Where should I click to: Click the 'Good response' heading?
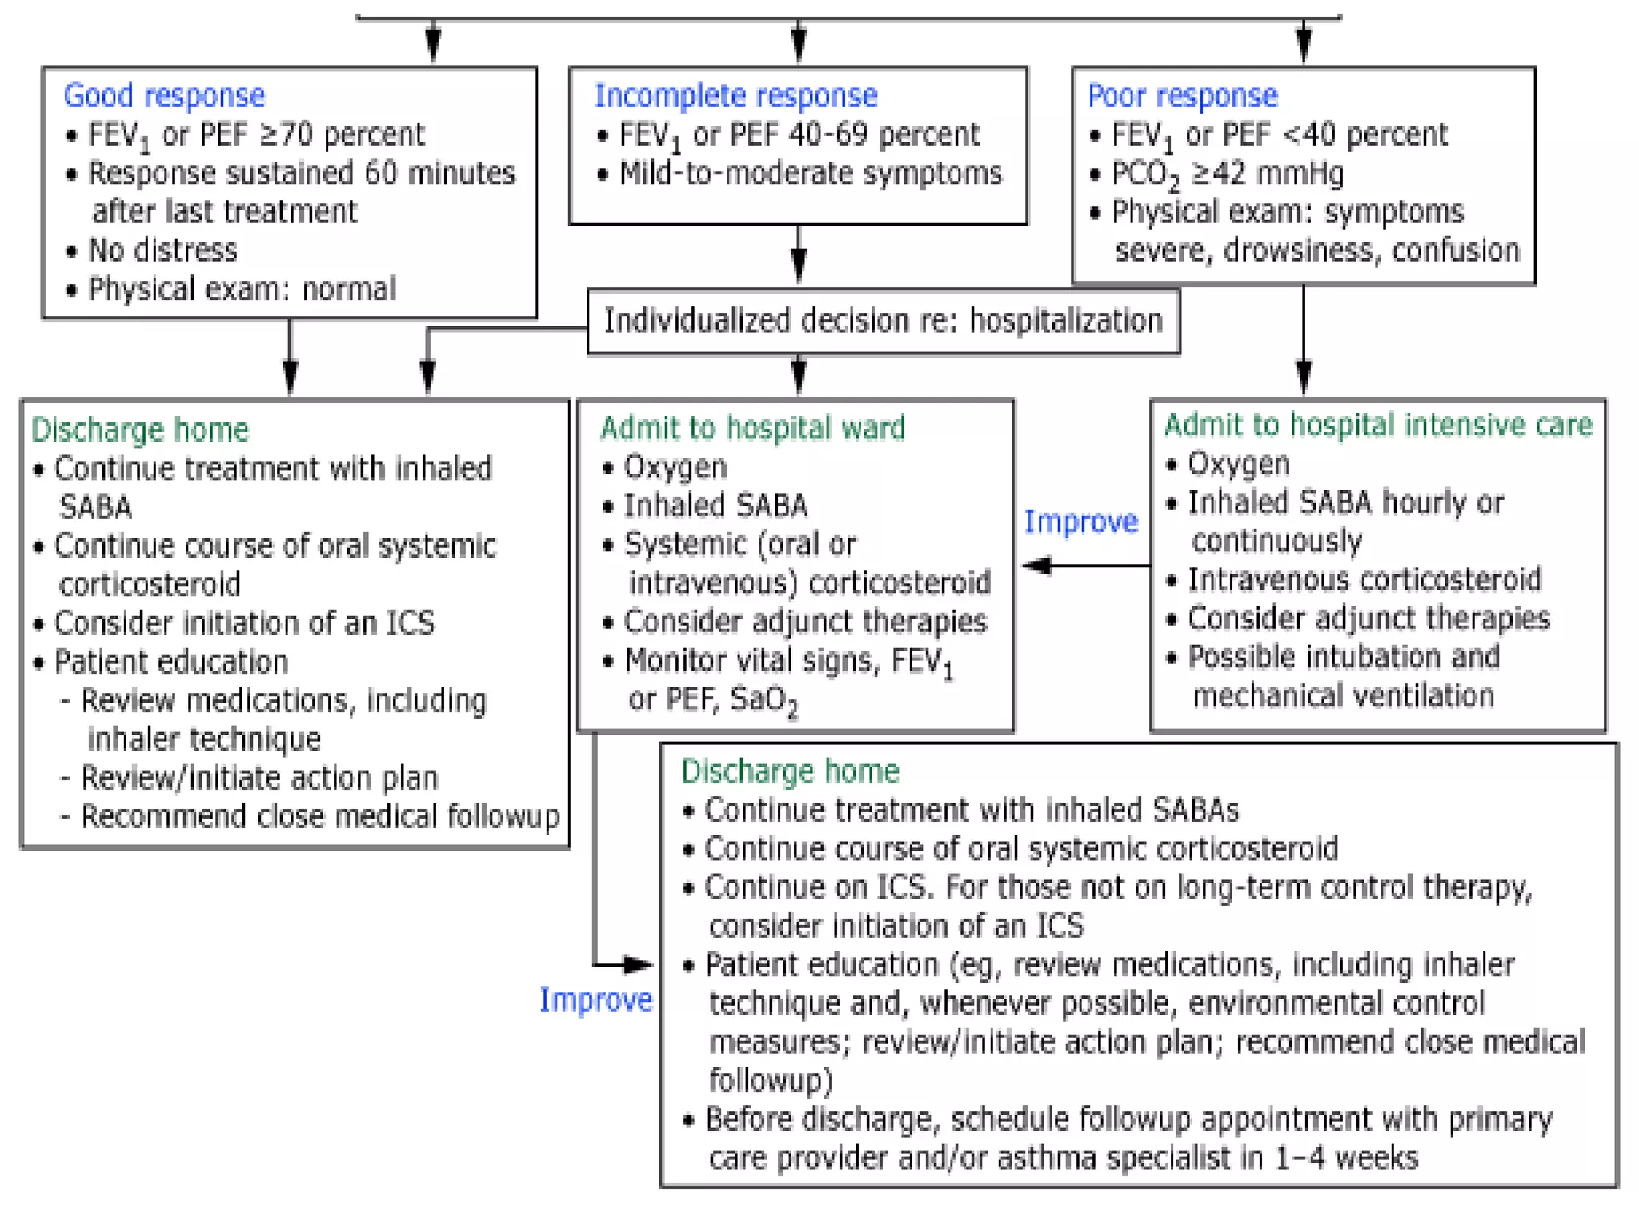coord(164,95)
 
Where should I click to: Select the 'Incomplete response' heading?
coord(735,95)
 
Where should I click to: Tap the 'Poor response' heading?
coord(1182,95)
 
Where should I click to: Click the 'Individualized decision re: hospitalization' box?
coord(883,321)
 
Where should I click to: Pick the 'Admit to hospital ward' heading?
coord(752,428)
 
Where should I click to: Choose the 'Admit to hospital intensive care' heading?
coord(1378,425)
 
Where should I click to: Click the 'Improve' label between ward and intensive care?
coord(1080,522)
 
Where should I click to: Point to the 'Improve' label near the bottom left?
coord(595,1000)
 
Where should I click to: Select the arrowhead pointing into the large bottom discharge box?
coord(638,964)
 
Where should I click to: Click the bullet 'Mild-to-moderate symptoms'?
coord(810,174)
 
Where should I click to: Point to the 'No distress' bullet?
coord(162,250)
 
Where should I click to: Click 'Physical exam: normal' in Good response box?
coord(242,289)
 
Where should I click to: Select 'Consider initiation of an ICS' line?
coord(244,623)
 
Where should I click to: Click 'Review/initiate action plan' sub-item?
coord(259,778)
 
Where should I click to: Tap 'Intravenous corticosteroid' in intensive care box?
coord(1364,579)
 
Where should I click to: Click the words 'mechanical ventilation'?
coord(1343,695)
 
